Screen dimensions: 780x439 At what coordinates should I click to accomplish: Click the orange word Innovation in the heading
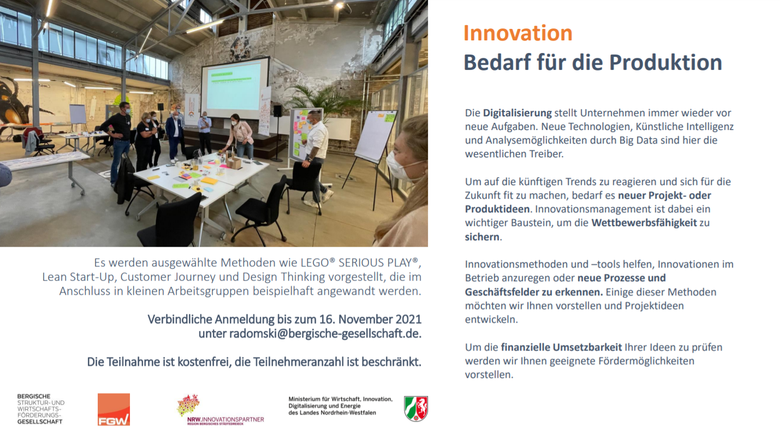pos(518,33)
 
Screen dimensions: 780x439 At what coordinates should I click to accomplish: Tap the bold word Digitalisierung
pos(517,113)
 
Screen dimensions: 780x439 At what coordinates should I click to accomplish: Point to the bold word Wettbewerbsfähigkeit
pos(644,223)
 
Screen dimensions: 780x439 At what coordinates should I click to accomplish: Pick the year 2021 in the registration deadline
pos(408,319)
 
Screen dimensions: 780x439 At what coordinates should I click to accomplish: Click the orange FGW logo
pos(114,410)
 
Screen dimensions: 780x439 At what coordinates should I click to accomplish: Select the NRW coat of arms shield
pos(416,408)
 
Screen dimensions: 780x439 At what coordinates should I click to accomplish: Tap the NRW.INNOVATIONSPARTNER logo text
pos(225,419)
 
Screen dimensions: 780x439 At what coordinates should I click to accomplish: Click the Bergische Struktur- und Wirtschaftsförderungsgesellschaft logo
pos(41,409)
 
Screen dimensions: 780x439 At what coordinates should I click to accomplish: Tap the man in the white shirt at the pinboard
pos(316,157)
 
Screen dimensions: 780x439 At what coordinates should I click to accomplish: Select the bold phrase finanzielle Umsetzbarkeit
pos(561,347)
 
